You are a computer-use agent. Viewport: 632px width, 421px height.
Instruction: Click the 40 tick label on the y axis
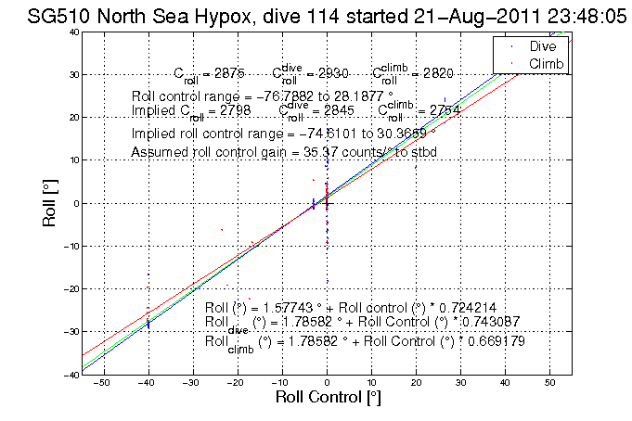(x=71, y=32)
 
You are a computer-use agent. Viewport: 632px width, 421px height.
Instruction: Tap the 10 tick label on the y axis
(x=71, y=160)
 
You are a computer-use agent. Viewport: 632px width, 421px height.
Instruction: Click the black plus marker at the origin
(x=327, y=203)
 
